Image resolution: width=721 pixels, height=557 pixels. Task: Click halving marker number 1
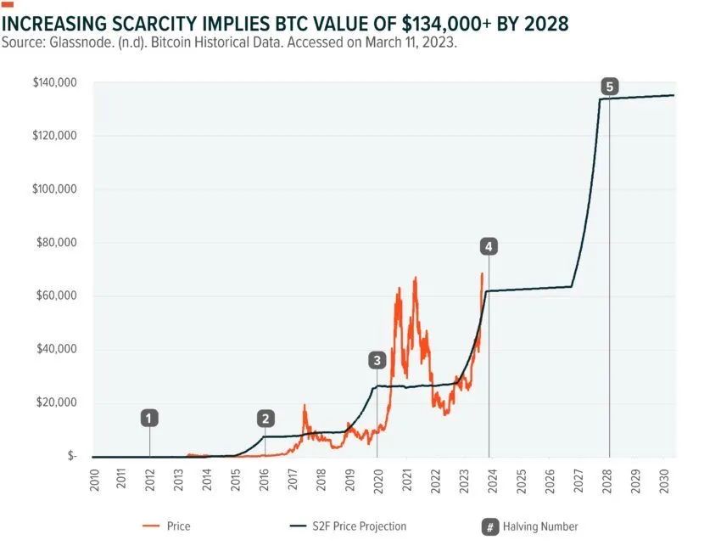click(150, 418)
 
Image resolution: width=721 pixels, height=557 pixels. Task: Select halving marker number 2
click(266, 418)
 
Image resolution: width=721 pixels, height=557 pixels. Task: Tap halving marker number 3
click(377, 360)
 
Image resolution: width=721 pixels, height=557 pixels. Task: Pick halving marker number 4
click(488, 246)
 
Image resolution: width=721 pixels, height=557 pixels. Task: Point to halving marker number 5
click(609, 86)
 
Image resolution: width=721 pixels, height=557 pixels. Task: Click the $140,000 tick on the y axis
click(54, 82)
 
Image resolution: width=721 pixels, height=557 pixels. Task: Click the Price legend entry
click(178, 526)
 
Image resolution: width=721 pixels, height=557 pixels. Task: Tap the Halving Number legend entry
click(540, 526)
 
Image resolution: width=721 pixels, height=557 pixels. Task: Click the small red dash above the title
click(8, 4)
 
